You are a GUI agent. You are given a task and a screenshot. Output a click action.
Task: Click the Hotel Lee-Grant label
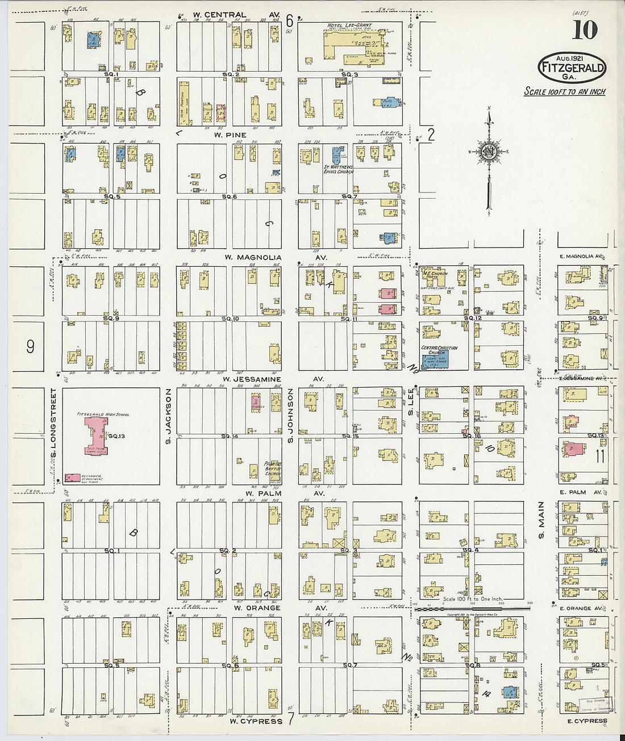click(348, 26)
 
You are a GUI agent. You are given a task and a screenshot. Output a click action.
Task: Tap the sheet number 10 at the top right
click(585, 30)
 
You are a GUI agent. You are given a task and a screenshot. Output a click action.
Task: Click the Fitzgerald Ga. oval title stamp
click(572, 68)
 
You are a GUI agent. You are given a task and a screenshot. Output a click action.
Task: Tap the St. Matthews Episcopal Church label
click(339, 169)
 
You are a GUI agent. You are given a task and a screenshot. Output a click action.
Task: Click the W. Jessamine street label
click(252, 379)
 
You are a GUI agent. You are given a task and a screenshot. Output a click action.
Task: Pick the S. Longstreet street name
click(54, 422)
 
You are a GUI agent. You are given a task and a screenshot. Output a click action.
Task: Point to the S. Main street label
click(541, 520)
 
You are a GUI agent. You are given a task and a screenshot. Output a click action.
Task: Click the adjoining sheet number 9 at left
click(30, 346)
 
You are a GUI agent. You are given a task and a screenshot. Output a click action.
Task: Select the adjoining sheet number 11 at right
click(600, 456)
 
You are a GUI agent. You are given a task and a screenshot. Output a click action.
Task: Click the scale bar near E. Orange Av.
click(471, 608)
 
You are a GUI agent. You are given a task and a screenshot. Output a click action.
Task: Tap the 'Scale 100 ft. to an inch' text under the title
click(564, 92)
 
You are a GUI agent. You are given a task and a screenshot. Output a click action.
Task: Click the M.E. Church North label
click(435, 275)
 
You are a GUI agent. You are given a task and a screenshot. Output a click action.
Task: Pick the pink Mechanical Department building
click(72, 478)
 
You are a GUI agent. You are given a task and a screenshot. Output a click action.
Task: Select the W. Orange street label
click(257, 608)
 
